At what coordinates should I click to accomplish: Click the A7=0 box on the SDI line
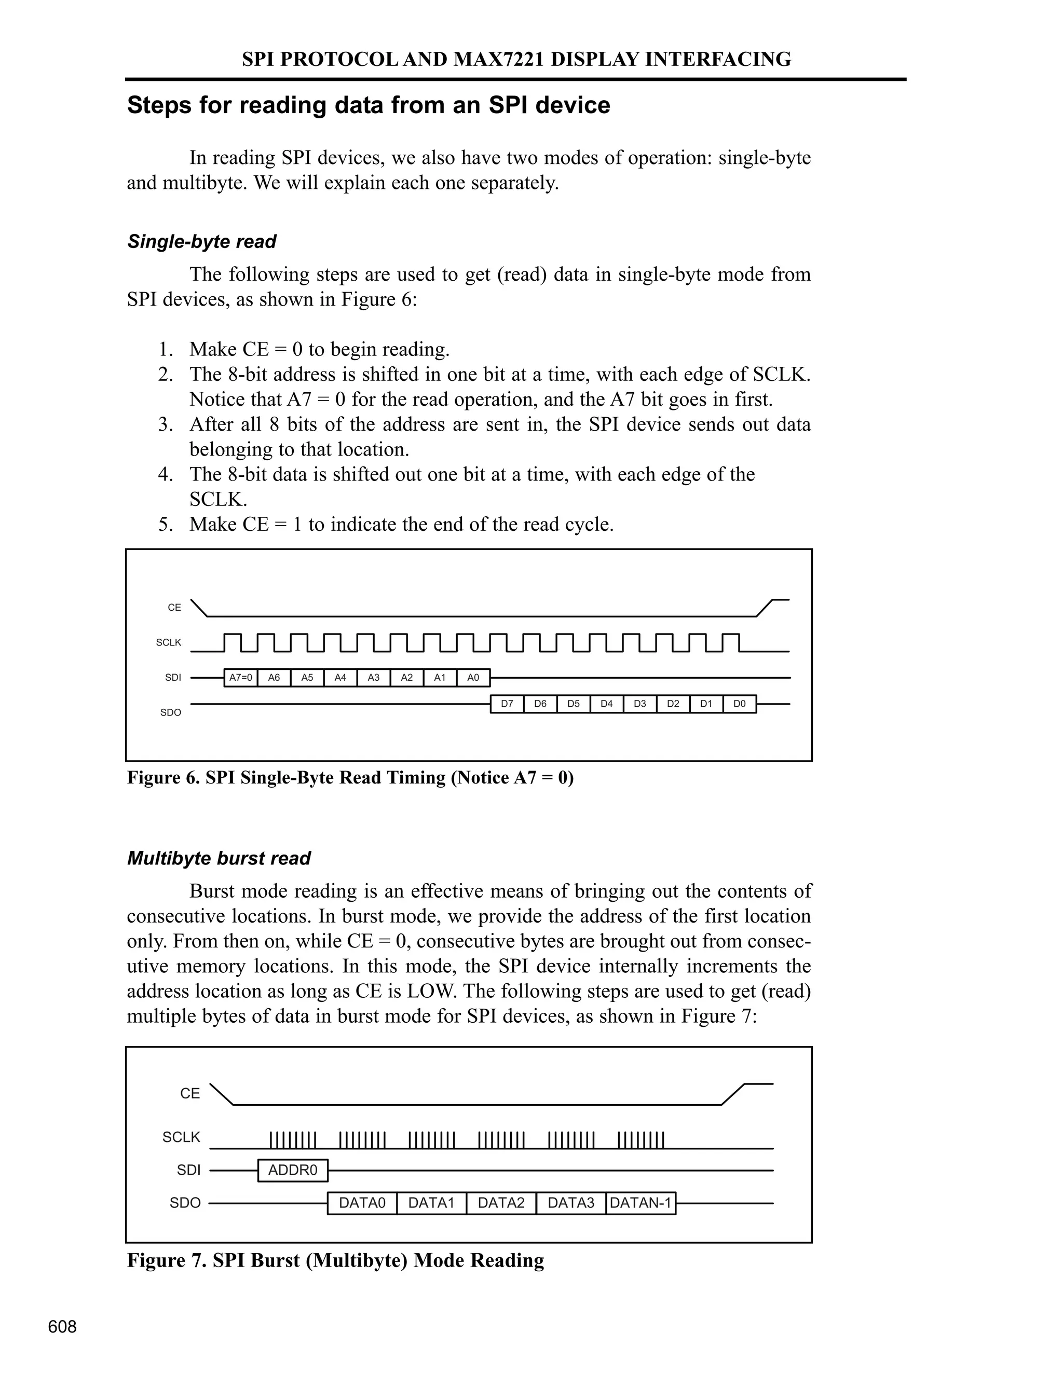point(240,678)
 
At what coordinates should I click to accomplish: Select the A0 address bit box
point(473,678)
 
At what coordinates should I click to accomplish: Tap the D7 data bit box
point(507,704)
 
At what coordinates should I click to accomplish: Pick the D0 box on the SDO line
point(739,704)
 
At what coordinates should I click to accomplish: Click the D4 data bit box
point(606,704)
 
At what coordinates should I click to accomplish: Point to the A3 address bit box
point(373,678)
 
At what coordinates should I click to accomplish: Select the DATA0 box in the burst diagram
point(362,1203)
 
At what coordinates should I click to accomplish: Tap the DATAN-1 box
point(640,1203)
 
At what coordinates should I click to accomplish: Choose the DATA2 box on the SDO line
point(501,1203)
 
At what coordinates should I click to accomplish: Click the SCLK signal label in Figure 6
point(169,643)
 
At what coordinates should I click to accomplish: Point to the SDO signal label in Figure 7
point(185,1203)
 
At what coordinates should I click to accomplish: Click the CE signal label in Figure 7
point(189,1094)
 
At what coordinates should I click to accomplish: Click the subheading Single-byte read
point(201,242)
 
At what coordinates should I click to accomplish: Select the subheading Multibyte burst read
point(219,859)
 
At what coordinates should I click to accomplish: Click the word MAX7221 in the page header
point(499,59)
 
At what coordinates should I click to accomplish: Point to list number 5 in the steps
point(165,525)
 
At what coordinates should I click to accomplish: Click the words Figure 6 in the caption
point(163,778)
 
